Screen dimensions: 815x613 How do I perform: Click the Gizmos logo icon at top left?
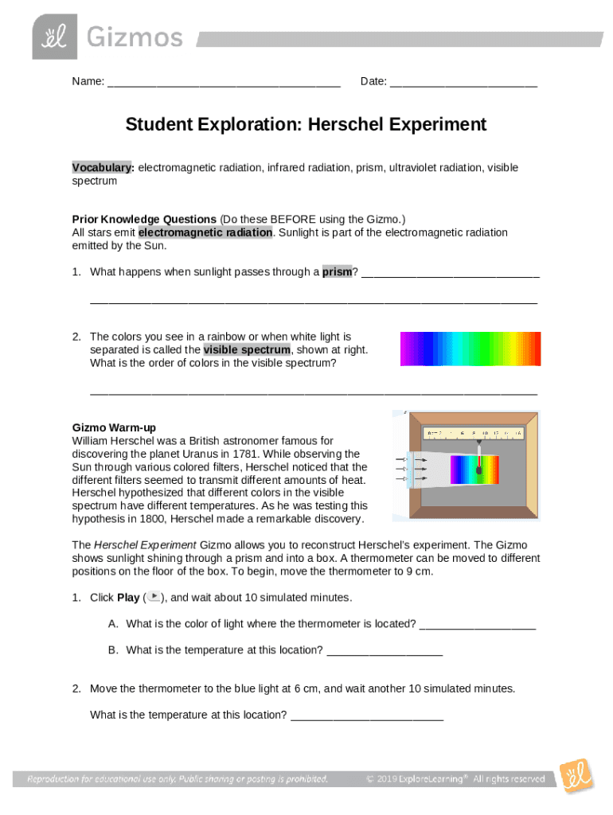55,37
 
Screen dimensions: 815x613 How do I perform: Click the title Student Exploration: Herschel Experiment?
306,125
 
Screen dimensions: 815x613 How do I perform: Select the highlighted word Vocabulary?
102,167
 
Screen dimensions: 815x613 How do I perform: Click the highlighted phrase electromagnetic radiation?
206,232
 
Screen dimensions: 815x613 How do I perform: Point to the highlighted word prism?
337,271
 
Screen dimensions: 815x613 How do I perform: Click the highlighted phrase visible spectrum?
247,349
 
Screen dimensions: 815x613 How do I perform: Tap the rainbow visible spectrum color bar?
470,349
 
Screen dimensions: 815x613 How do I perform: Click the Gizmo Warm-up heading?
114,427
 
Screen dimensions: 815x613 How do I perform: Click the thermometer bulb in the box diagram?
479,470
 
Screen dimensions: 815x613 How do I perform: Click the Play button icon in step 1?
155,597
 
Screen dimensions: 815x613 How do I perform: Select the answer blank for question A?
478,625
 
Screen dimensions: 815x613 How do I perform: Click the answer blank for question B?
385,651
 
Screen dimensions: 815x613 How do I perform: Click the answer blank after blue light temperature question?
367,716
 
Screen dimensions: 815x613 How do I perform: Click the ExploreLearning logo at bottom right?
575,776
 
